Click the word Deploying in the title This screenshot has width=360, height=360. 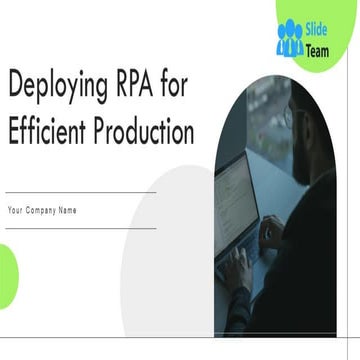54,89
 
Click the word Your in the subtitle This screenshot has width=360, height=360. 16,210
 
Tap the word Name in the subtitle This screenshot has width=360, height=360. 68,210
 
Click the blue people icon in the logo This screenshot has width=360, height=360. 290,35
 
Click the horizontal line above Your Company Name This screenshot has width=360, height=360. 80,192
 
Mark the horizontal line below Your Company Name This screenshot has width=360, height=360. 80,227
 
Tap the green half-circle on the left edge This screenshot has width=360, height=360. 7,266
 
